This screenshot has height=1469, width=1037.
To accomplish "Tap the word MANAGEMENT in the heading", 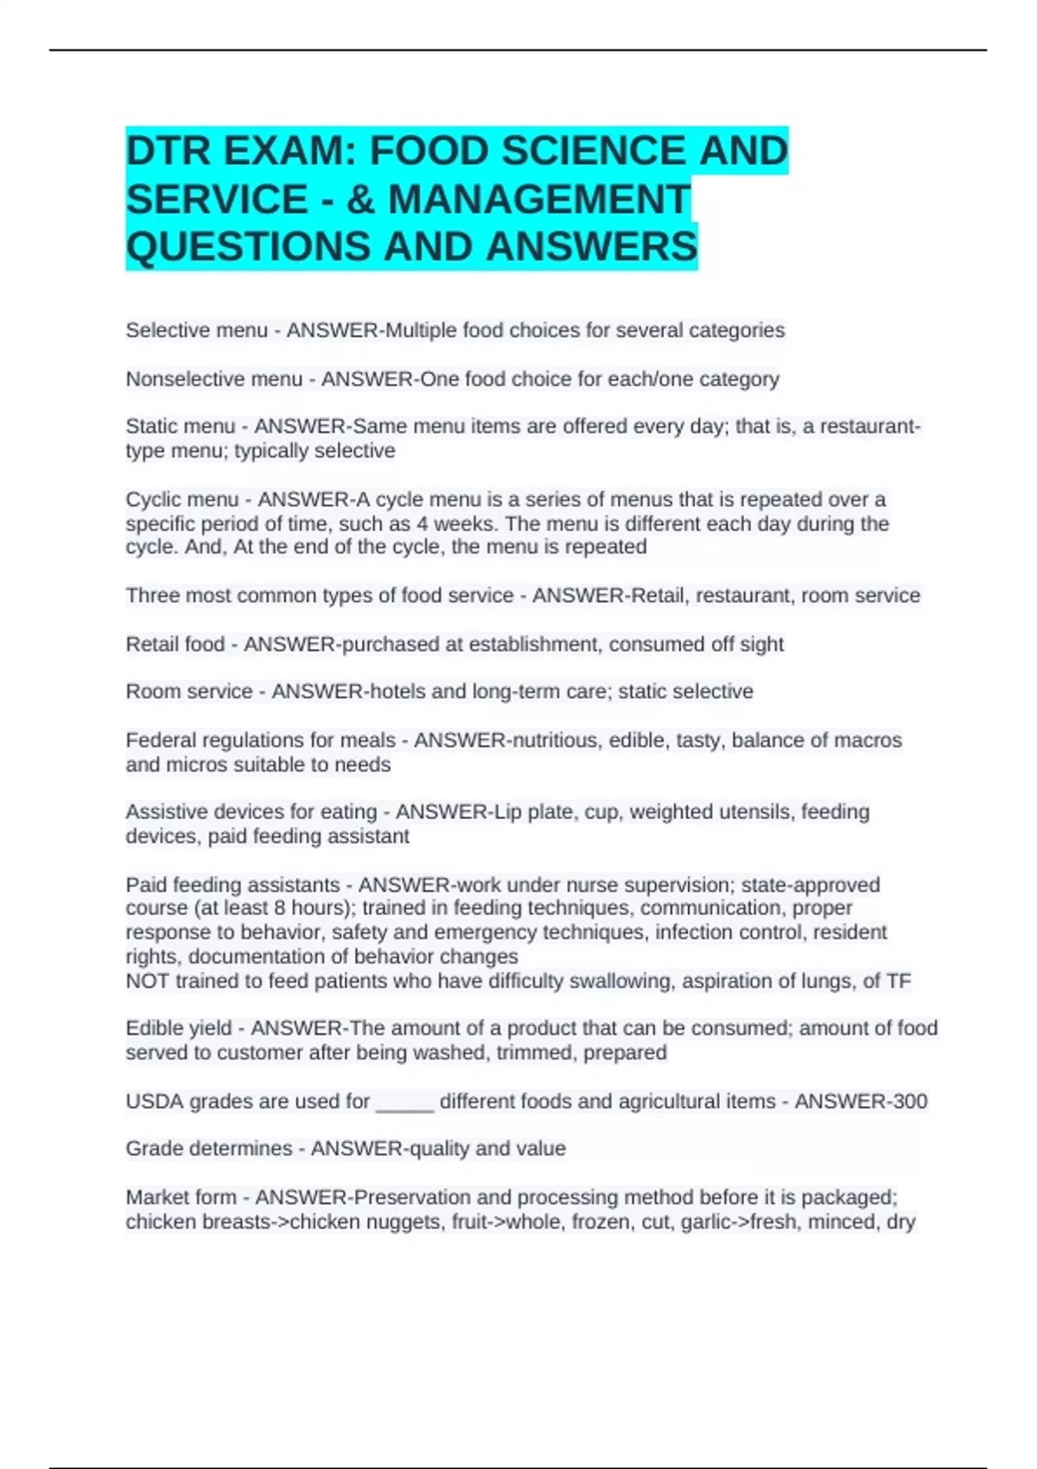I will [539, 200].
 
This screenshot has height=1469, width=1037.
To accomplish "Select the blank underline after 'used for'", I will [404, 1103].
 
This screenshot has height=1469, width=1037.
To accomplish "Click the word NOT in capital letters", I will [147, 982].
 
